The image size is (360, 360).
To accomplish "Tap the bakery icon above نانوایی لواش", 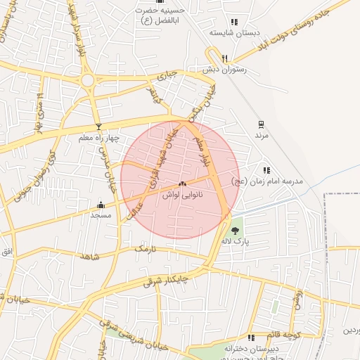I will [x=182, y=184].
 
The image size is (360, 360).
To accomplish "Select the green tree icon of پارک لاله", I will [x=235, y=230].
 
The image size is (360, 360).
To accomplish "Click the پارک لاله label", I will [x=236, y=241].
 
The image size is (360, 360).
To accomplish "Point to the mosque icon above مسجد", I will [x=101, y=206].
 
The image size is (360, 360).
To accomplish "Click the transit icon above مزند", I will [x=261, y=124].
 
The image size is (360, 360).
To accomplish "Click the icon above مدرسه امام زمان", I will [x=266, y=170].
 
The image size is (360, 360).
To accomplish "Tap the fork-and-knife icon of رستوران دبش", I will [x=224, y=58].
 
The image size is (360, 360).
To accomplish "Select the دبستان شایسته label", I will [x=233, y=33].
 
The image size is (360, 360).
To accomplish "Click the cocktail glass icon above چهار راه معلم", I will [x=98, y=127].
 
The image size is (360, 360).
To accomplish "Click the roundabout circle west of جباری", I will [x=88, y=81].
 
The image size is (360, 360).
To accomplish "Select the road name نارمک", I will [x=144, y=249].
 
